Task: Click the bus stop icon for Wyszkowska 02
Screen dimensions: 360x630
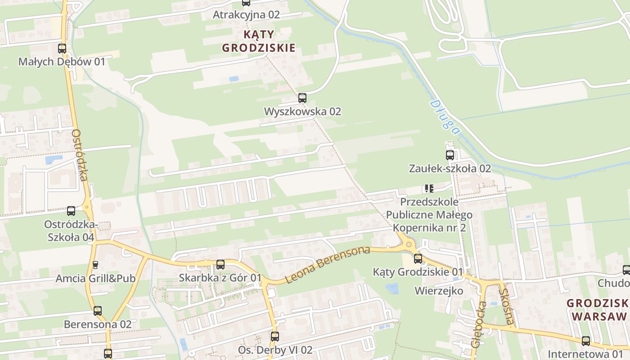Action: pos(302,98)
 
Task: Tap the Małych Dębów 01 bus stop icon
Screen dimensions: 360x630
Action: pos(62,49)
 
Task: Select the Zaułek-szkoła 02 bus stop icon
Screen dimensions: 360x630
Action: pos(450,155)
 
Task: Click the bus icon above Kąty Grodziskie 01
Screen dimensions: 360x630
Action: pos(418,258)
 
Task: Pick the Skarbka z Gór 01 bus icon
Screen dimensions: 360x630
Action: pos(220,265)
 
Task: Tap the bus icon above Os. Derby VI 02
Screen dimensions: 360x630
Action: pos(275,336)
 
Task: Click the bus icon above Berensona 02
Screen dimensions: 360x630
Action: pos(98,311)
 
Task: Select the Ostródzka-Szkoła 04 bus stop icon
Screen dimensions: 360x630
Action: pos(71,211)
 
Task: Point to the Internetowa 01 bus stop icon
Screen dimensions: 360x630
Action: pos(585,341)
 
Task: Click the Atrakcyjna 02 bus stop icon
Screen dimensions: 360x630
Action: pos(246,3)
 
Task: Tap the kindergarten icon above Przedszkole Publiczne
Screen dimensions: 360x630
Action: pos(429,189)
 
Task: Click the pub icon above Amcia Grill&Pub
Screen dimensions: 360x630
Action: pos(95,265)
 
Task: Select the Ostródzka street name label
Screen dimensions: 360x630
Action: pos(80,155)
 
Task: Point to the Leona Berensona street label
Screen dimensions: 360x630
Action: pos(327,265)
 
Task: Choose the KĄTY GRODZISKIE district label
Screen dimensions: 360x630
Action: pos(259,41)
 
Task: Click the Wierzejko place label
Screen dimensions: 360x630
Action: pos(439,291)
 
